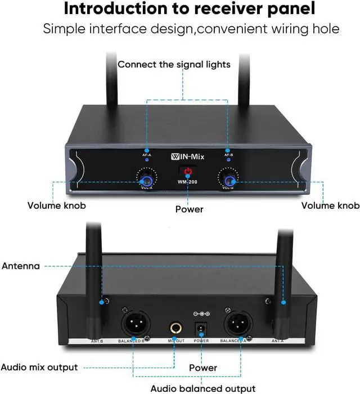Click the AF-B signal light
click(228, 159)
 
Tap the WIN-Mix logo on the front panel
click(187, 156)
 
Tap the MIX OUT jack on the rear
click(174, 328)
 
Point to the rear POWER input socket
click(201, 329)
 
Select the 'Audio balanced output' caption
click(203, 388)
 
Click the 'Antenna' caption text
click(21, 266)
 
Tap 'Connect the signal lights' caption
click(174, 64)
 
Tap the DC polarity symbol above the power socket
click(201, 313)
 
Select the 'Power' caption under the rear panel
click(203, 368)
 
